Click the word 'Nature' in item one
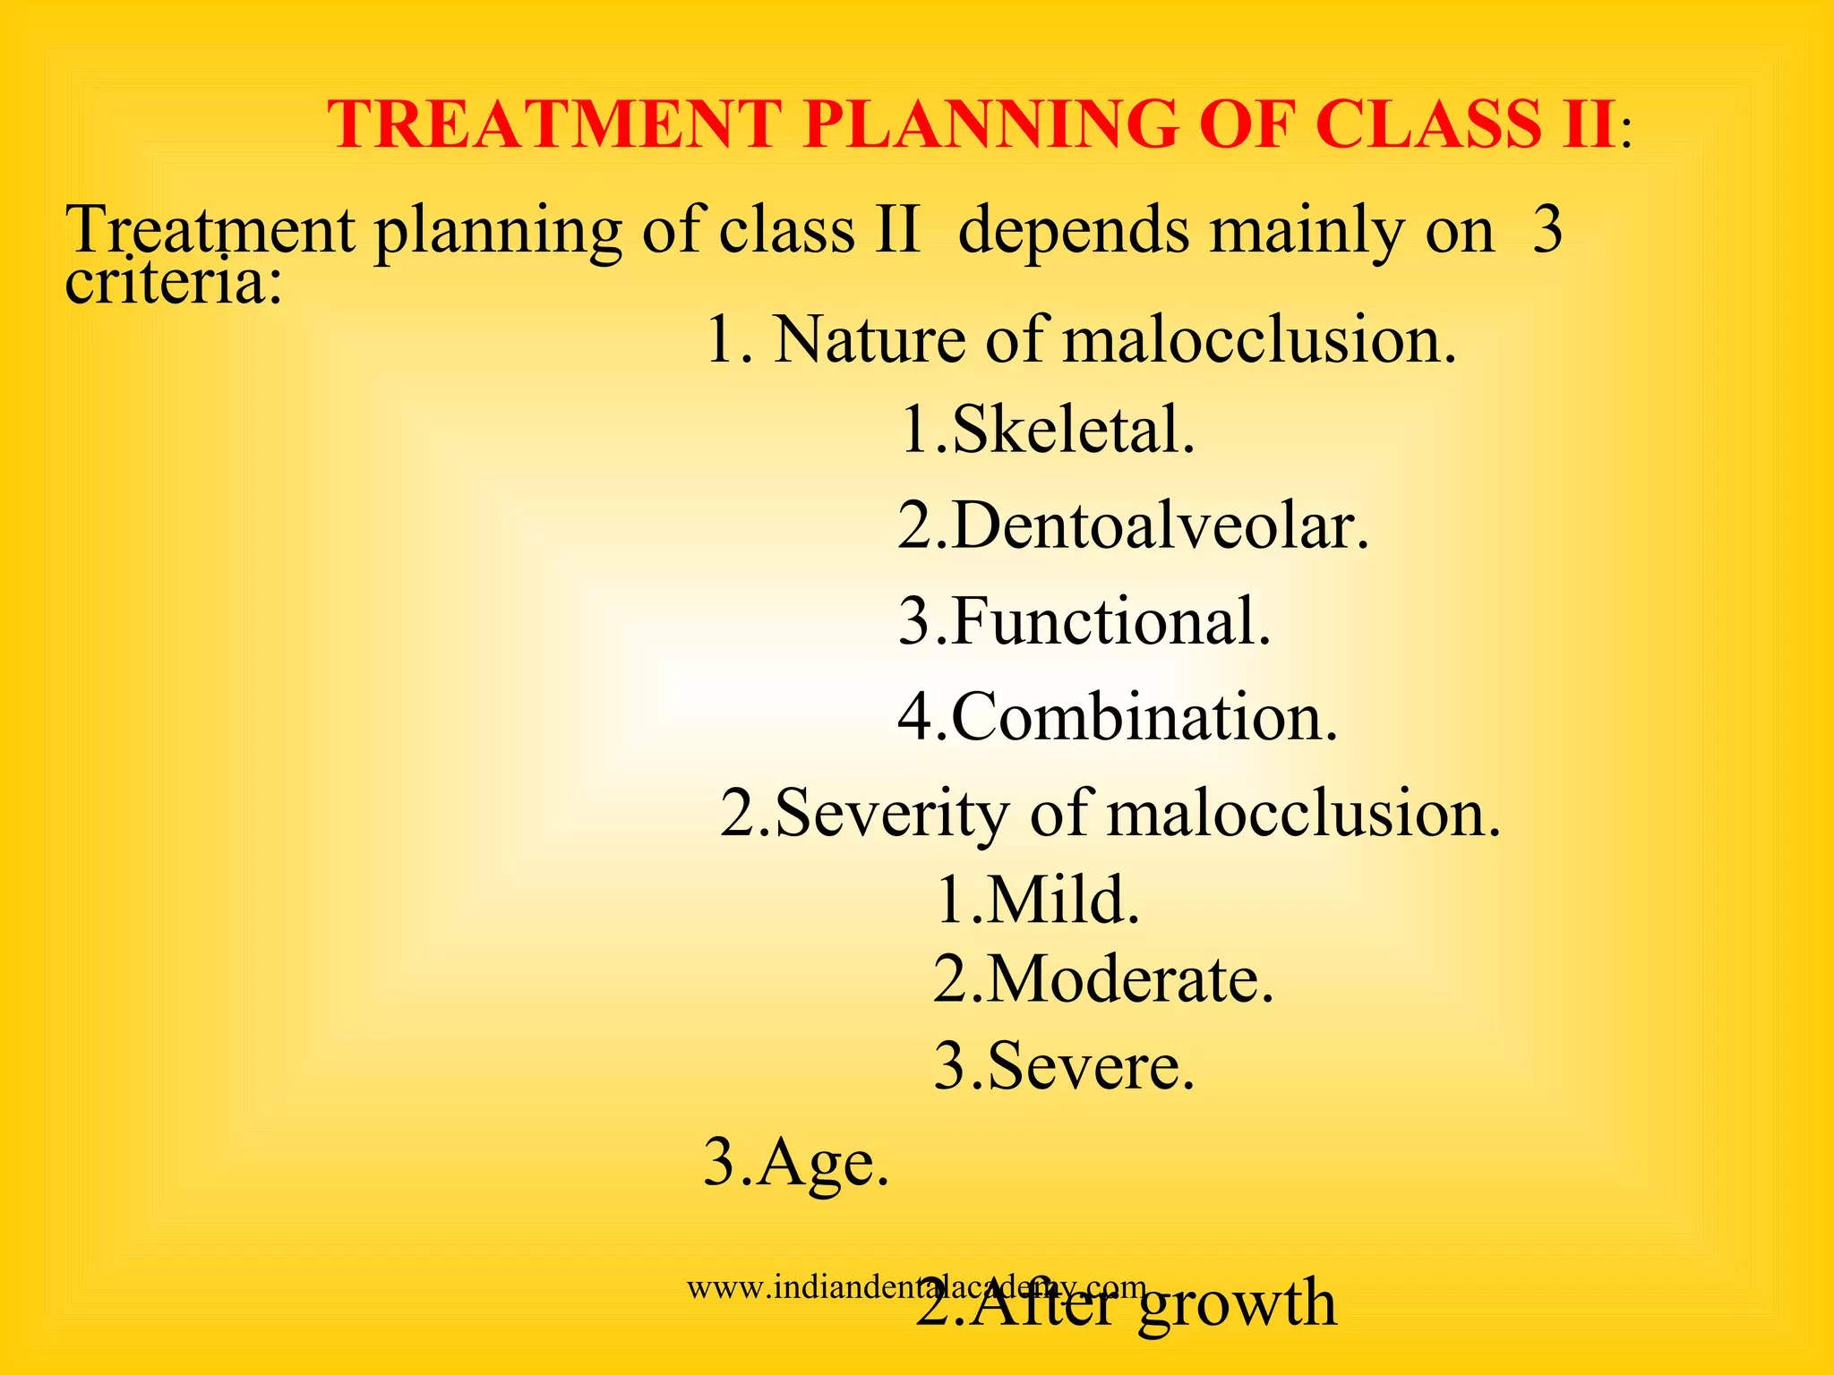click(870, 340)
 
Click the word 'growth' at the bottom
click(1238, 1305)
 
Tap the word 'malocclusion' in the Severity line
click(1303, 814)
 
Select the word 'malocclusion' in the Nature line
click(1259, 340)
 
